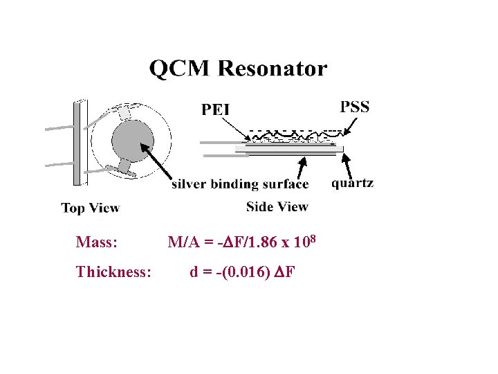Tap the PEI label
215,109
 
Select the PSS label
355,107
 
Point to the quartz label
352,184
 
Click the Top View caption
90,208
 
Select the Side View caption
277,206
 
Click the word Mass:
96,242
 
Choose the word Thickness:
113,271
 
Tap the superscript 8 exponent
313,239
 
